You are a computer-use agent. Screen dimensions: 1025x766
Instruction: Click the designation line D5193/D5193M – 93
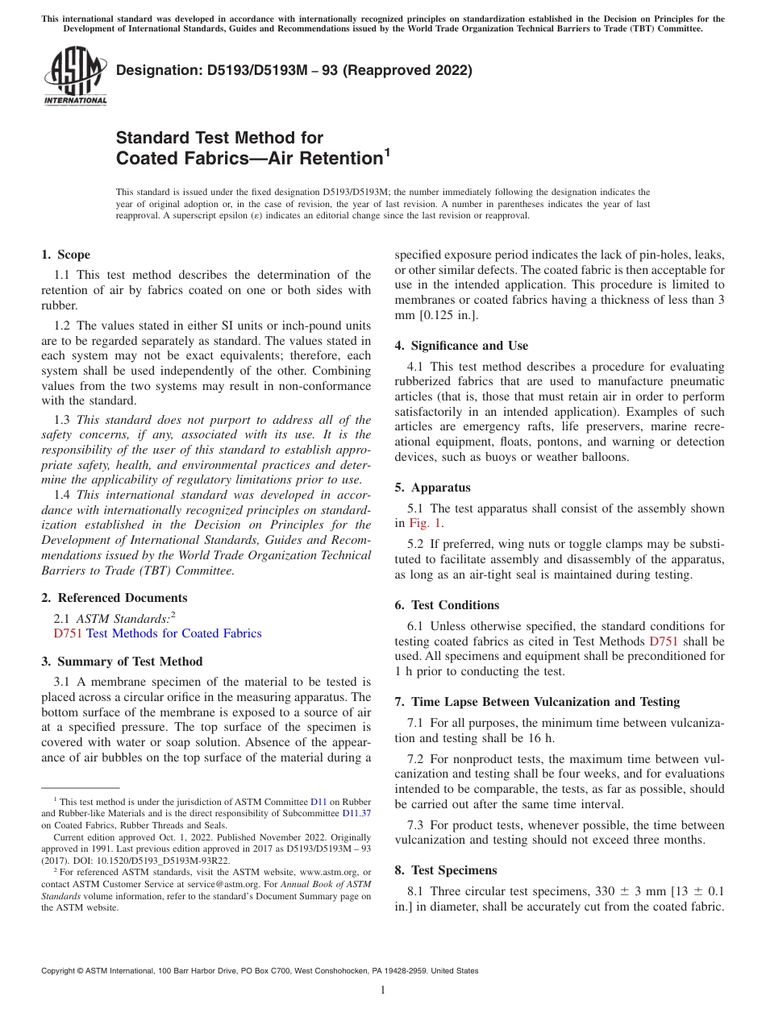point(293,70)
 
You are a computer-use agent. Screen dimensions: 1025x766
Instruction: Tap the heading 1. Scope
point(65,255)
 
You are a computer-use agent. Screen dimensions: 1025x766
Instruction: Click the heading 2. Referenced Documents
point(114,598)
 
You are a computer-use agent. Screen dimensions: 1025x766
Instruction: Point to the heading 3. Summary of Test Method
point(122,662)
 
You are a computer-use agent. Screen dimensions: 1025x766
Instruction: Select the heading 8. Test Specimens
point(446,870)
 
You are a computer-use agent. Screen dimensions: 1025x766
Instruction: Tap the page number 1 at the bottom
point(383,990)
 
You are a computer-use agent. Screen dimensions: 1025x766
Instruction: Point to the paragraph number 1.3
point(62,420)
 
